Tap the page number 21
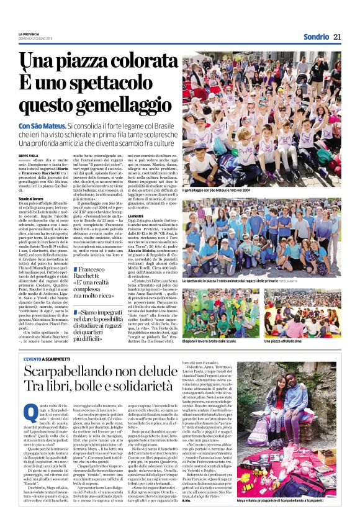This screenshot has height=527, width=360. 337,37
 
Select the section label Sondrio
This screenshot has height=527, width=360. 316,37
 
